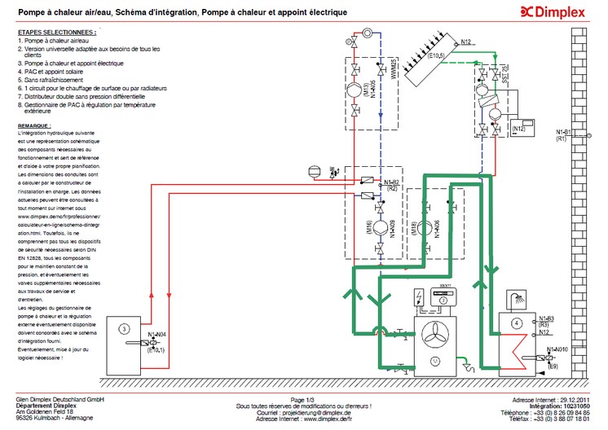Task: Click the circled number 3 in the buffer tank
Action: click(x=123, y=328)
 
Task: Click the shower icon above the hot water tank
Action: click(x=515, y=297)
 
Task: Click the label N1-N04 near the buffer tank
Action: click(x=157, y=336)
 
